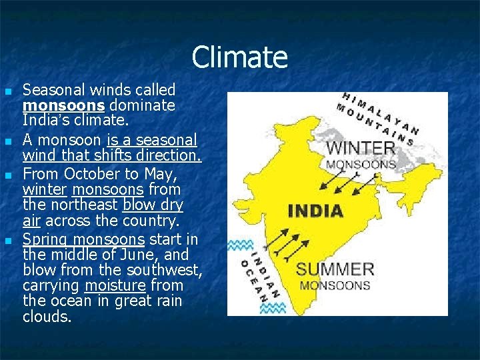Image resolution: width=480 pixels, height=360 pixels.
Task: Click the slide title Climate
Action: [239, 57]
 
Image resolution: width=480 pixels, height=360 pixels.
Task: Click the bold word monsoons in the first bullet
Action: [65, 105]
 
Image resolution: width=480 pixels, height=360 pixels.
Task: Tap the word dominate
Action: [142, 105]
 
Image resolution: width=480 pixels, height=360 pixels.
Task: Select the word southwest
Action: [168, 270]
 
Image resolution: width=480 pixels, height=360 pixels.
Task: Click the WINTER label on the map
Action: [361, 147]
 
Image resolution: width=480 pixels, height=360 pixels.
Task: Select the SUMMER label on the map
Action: [335, 269]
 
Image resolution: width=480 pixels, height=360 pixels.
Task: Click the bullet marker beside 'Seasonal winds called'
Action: [7, 91]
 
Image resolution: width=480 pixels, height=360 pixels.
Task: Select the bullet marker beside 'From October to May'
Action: [7, 175]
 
